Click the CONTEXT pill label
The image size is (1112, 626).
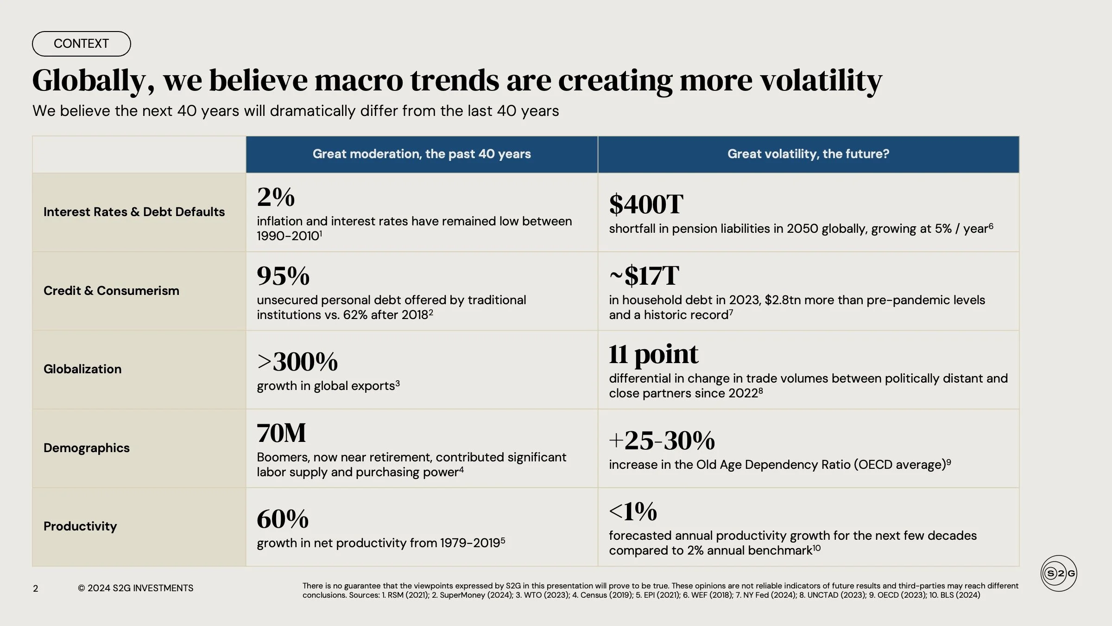82,44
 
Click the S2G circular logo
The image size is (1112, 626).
1059,573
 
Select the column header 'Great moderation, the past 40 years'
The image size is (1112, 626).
422,154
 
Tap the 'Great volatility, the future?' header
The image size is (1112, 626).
808,154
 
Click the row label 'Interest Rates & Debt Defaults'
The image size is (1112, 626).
134,212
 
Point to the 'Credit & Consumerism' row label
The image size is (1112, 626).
111,291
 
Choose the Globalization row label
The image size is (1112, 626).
82,369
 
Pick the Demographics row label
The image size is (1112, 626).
87,448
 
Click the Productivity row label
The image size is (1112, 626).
80,526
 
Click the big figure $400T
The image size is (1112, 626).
646,204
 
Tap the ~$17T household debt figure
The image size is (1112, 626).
644,275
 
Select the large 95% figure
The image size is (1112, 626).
283,275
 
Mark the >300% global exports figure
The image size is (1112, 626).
297,362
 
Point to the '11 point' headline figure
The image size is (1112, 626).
653,354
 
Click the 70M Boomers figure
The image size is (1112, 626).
281,433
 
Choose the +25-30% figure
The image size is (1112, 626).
662,441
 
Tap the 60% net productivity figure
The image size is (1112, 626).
283,519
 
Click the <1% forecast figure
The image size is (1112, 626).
633,511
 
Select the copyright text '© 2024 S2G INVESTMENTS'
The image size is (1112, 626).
135,588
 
